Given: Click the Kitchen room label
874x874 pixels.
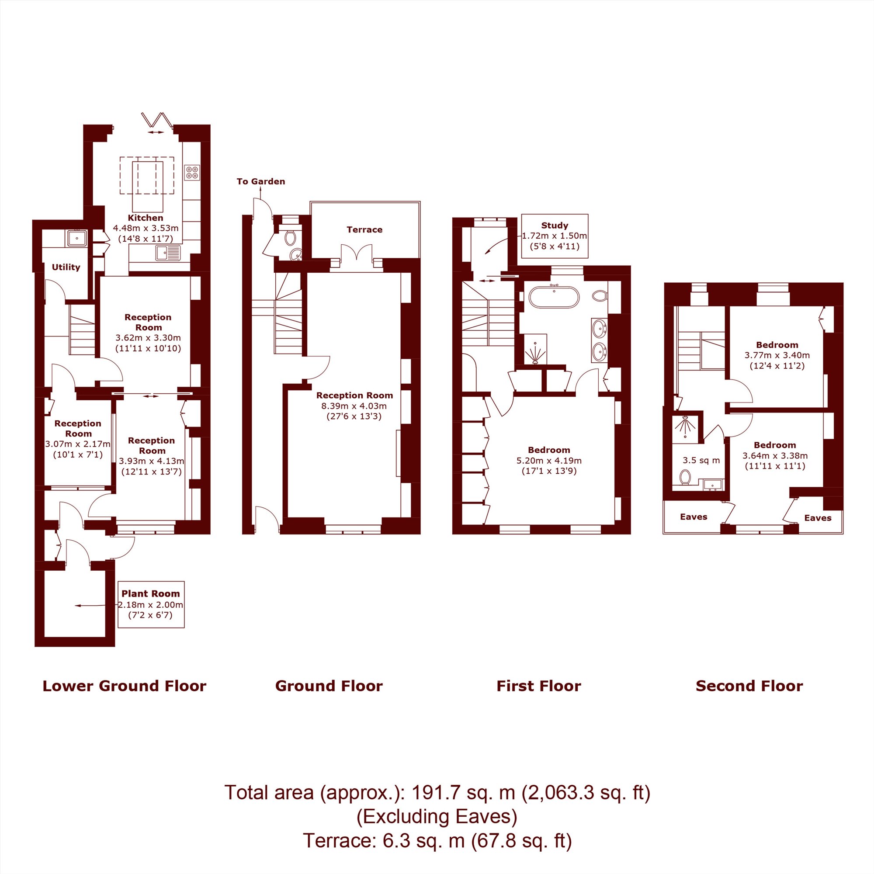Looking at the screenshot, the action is (145, 218).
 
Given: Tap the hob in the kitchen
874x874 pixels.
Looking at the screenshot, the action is (192, 172).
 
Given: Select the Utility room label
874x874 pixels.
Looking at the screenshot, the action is (66, 267).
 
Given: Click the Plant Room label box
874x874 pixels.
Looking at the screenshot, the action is (151, 604).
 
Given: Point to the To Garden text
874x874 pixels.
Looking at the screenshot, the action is (260, 181).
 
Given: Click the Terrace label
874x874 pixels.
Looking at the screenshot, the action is (364, 229).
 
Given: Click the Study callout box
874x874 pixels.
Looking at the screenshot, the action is (555, 236).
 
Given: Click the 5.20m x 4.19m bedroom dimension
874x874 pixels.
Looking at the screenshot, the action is (549, 461).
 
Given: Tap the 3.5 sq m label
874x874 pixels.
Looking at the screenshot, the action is (701, 461).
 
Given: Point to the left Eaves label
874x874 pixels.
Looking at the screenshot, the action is (694, 517).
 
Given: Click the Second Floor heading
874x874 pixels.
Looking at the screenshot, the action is (749, 686).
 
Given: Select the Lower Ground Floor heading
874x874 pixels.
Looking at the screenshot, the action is (125, 686).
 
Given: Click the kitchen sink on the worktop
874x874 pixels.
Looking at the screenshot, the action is (168, 253).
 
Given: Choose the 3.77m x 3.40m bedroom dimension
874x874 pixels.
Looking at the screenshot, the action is (777, 355).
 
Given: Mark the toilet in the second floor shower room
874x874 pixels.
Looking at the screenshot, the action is (685, 477).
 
